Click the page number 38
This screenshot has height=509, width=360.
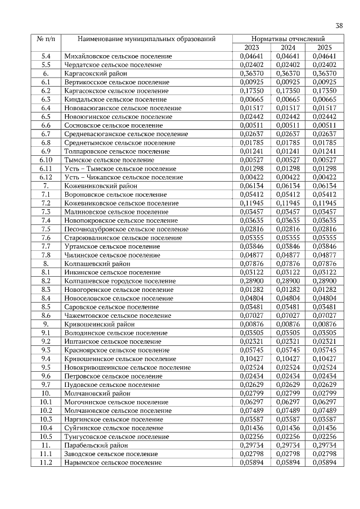pos(339,25)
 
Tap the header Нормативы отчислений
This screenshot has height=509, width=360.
pos(289,39)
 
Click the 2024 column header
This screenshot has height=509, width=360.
pos(288,48)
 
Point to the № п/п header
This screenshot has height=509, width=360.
pos(46,39)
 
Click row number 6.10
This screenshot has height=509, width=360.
pos(46,160)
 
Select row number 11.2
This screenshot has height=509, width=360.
pos(46,462)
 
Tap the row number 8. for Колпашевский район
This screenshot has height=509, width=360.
pos(46,263)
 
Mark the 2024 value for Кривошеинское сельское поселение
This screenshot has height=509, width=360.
pos(288,358)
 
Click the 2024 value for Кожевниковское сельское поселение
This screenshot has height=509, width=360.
pos(288,203)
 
